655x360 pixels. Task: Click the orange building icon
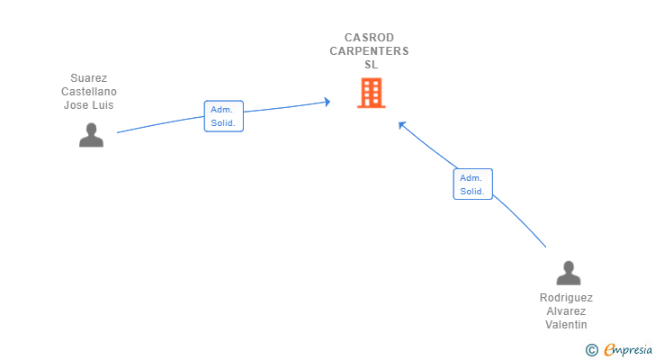pyautogui.click(x=371, y=93)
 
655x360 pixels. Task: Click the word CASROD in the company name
pyautogui.click(x=370, y=38)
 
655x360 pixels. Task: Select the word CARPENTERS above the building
pyautogui.click(x=370, y=51)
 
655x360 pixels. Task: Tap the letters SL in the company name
pyautogui.click(x=371, y=65)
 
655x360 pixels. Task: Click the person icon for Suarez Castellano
pyautogui.click(x=91, y=135)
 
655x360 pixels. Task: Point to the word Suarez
pyautogui.click(x=89, y=78)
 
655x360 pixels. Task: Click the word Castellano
pyautogui.click(x=89, y=92)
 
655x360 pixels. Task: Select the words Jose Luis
pyautogui.click(x=89, y=105)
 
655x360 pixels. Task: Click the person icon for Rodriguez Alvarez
pyautogui.click(x=568, y=273)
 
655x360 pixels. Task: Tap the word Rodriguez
pyautogui.click(x=566, y=298)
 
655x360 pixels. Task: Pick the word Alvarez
pyautogui.click(x=566, y=311)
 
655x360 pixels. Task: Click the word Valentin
pyautogui.click(x=566, y=325)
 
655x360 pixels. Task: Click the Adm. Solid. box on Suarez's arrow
pyautogui.click(x=223, y=116)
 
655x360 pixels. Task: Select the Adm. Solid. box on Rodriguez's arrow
pyautogui.click(x=472, y=184)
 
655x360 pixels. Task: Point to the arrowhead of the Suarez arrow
pyautogui.click(x=327, y=102)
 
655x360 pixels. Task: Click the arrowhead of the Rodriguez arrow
pyautogui.click(x=401, y=124)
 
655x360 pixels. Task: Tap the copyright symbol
pyautogui.click(x=591, y=349)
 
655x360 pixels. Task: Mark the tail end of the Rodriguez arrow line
pyautogui.click(x=545, y=247)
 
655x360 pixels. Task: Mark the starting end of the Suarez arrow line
pyautogui.click(x=118, y=132)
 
